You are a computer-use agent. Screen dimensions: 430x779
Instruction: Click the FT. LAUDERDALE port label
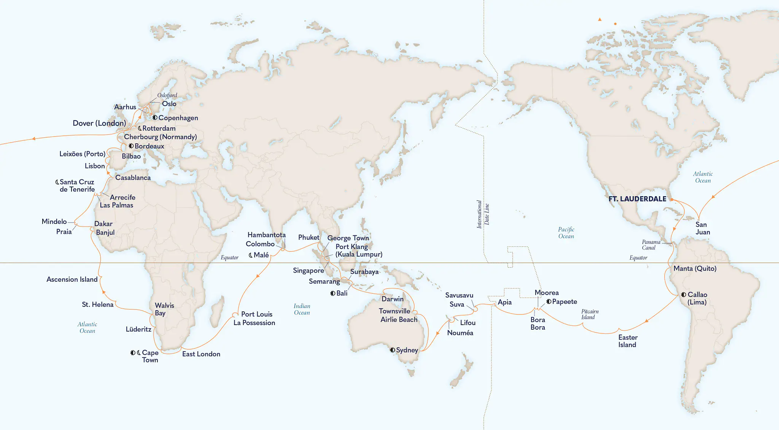[x=637, y=199]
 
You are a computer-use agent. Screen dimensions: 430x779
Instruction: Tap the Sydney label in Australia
[x=407, y=350]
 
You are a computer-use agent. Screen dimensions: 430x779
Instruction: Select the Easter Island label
[x=628, y=341]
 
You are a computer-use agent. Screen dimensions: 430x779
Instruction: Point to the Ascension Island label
[x=72, y=279]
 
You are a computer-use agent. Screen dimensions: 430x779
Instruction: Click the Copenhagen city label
[x=178, y=118]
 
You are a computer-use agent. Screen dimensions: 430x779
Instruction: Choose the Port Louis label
[x=257, y=314]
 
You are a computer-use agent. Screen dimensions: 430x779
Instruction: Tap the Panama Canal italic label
[x=651, y=245]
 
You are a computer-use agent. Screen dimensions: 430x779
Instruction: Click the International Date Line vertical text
[x=483, y=214]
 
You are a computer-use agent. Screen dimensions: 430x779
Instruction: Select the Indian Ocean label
[x=302, y=309]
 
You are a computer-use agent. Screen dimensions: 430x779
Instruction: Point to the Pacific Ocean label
[x=566, y=233]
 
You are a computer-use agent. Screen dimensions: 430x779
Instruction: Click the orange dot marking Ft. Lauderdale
[x=672, y=199]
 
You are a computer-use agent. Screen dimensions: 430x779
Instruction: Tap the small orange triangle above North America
[x=600, y=19]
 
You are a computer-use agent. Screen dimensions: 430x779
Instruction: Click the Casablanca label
[x=133, y=178]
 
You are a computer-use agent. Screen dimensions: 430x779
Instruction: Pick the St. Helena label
[x=97, y=305]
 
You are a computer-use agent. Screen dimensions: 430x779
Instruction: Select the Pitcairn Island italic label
[x=590, y=314]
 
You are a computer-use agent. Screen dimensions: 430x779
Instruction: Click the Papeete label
[x=564, y=302]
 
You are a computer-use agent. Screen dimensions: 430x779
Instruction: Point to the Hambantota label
[x=266, y=235]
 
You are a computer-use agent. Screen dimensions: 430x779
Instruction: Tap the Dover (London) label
[x=99, y=123]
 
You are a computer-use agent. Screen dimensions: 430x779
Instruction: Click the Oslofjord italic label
[x=167, y=95]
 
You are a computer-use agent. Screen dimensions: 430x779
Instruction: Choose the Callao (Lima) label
[x=697, y=298]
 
